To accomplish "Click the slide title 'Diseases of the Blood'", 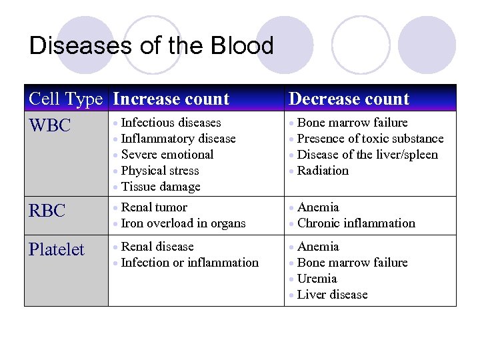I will click(151, 46).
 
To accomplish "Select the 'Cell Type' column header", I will click(65, 99).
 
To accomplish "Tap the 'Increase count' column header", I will click(171, 99).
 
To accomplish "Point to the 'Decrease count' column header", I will click(349, 99).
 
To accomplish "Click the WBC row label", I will click(49, 125).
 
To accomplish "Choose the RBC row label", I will click(47, 211).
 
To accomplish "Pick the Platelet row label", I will click(56, 250).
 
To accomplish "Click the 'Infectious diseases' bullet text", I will click(171, 123).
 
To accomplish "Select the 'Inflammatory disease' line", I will click(178, 139).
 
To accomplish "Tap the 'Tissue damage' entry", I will click(161, 187).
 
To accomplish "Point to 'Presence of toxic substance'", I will click(370, 139).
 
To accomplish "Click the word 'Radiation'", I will click(323, 171).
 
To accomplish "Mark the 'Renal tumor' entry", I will click(154, 207).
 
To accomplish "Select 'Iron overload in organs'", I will click(183, 223).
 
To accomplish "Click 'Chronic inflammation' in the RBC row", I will click(356, 223).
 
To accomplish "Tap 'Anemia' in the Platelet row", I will click(318, 247).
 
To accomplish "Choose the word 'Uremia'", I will click(317, 279).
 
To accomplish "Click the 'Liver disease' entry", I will click(332, 295).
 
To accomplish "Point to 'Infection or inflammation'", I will click(189, 263).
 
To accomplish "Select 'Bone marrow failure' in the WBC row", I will click(352, 123).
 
